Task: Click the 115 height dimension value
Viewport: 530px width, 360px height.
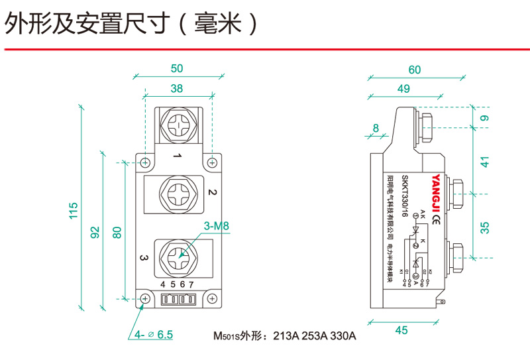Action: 74,210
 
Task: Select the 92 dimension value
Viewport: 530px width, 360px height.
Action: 95,232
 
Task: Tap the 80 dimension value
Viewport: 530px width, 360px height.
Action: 117,232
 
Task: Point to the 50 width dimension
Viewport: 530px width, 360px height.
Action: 176,68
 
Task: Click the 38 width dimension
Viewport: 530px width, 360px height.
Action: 177,88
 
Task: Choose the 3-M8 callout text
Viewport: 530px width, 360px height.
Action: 216,226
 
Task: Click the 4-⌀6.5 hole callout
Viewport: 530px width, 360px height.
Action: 154,335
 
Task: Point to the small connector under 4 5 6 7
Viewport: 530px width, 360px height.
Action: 178,300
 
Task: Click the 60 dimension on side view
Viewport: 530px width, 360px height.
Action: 415,70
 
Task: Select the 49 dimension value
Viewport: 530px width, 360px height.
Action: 403,89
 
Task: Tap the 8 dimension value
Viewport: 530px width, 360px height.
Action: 376,128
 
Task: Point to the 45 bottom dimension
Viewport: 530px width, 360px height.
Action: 401,330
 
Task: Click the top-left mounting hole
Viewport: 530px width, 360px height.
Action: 145,161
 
